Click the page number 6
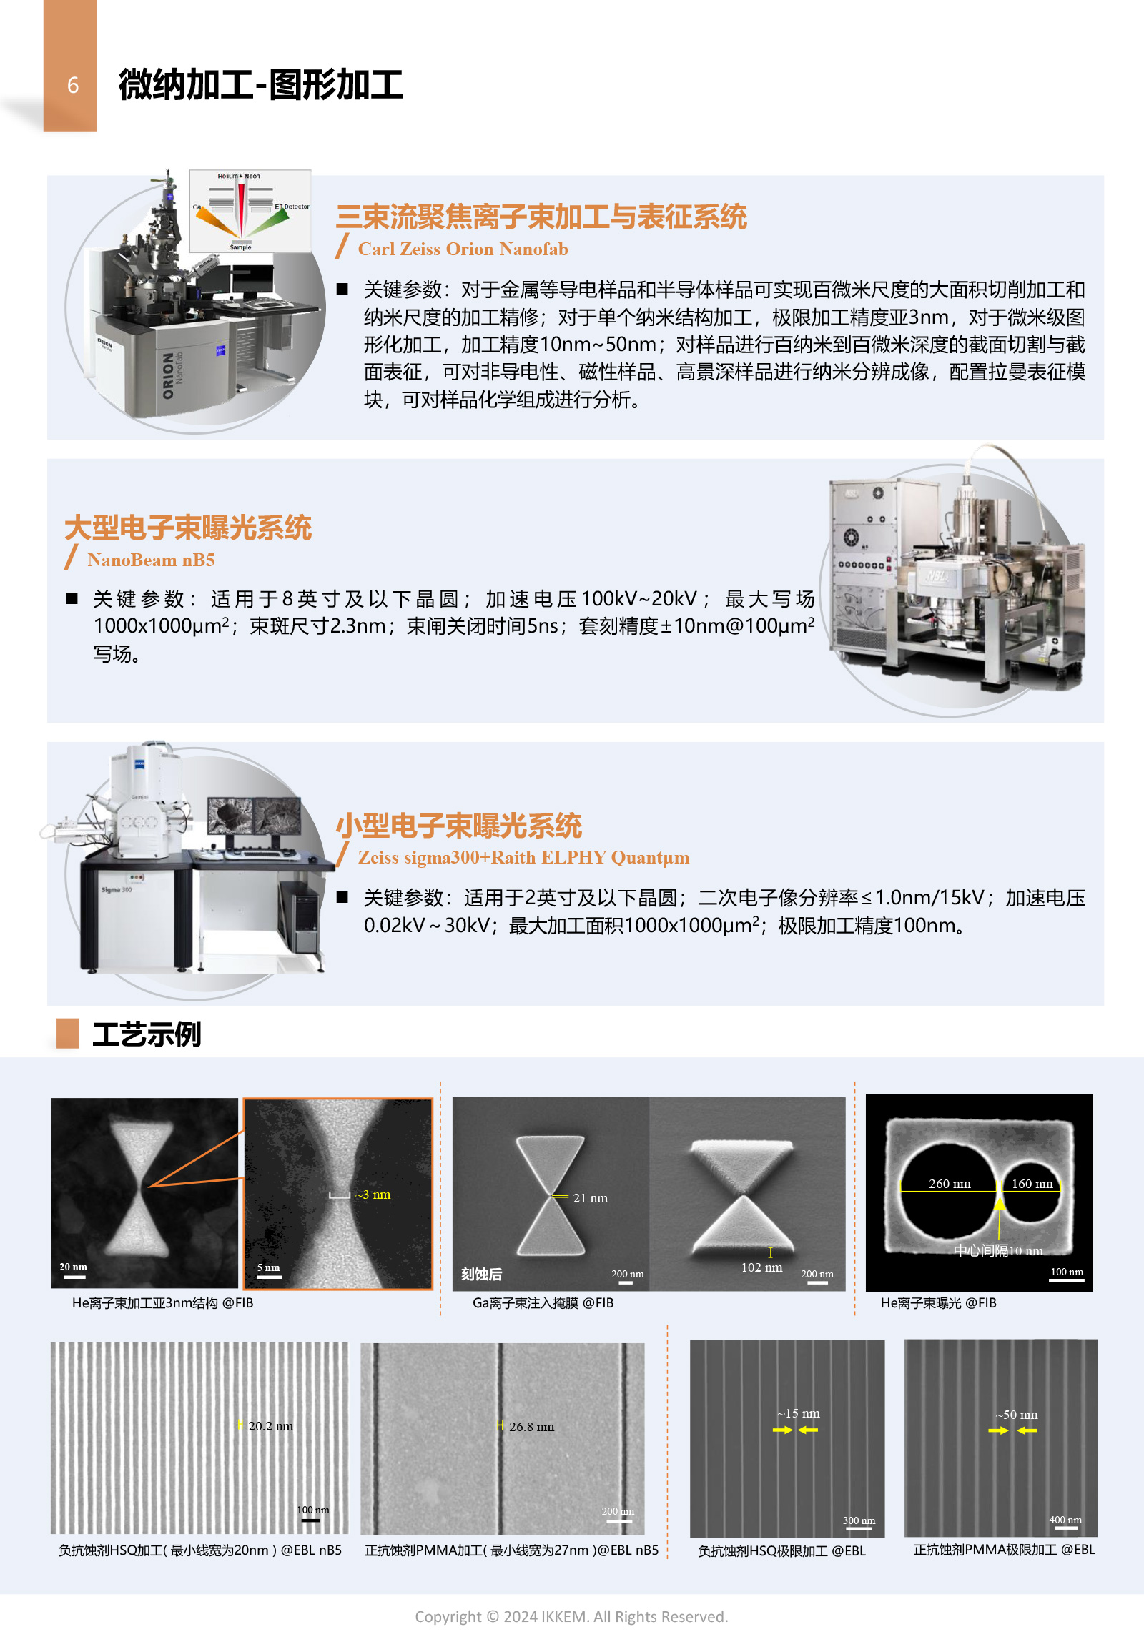point(72,85)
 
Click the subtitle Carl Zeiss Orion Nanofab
point(463,249)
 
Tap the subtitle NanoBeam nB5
point(152,560)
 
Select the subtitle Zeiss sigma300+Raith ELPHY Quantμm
point(523,857)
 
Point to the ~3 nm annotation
point(373,1194)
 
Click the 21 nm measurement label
point(590,1197)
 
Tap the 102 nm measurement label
point(761,1267)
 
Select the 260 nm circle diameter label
point(950,1183)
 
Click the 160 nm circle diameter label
point(1032,1183)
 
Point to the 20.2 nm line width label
point(270,1425)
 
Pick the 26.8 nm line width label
point(531,1426)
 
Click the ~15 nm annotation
point(799,1413)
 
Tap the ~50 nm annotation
point(1017,1414)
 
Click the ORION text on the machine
point(168,375)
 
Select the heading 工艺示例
point(147,1034)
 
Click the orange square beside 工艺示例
point(67,1034)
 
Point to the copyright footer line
point(571,1616)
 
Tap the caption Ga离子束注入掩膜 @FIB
point(543,1302)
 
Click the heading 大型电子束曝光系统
point(188,528)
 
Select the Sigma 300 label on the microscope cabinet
point(116,889)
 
